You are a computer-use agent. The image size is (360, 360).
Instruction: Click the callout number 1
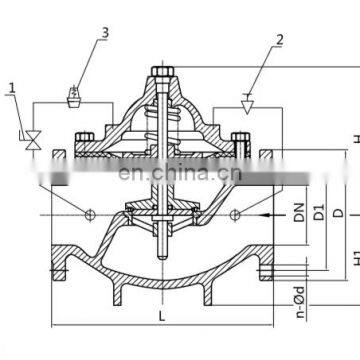10,99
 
